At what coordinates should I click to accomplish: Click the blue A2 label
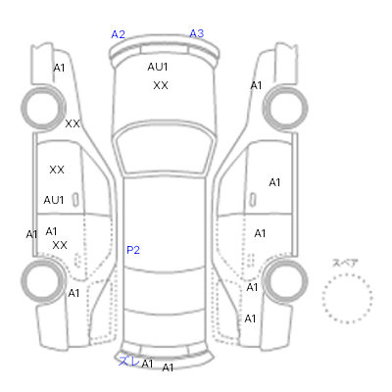118,34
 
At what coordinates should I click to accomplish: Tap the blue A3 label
197,33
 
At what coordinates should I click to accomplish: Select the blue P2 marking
133,250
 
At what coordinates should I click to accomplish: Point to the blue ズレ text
129,361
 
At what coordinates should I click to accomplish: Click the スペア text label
345,263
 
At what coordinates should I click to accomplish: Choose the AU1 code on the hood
158,67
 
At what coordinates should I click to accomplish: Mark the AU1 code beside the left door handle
54,200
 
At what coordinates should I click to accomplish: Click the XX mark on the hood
161,85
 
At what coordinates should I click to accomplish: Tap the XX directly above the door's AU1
57,170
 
